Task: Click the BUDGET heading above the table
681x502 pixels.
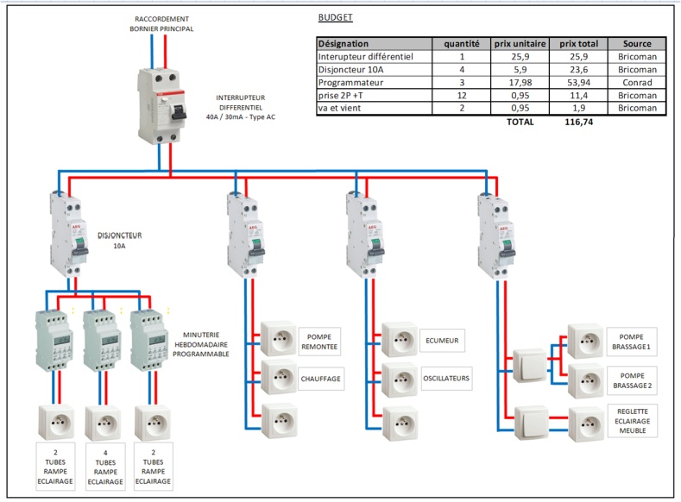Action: coord(335,17)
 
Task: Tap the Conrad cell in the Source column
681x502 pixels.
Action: coord(637,82)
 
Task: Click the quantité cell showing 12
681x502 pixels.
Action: coord(462,95)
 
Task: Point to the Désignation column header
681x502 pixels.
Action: coord(344,43)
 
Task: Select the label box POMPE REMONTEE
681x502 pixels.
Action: coord(319,341)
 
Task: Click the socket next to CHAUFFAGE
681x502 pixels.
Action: coord(278,378)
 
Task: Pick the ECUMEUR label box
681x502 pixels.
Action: coord(441,341)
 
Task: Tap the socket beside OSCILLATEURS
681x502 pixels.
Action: coord(400,378)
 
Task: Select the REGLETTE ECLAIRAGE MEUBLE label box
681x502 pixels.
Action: coord(633,420)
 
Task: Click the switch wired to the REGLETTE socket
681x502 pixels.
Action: coord(531,422)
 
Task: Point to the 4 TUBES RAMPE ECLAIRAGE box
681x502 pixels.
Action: coord(106,466)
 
